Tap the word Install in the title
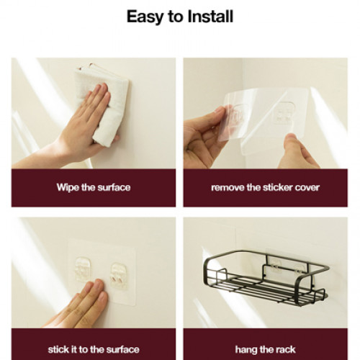(x=210, y=17)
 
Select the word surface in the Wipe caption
(x=114, y=187)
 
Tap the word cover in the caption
(x=307, y=188)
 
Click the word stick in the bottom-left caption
(x=58, y=349)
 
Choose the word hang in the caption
(x=245, y=350)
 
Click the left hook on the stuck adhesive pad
(x=83, y=269)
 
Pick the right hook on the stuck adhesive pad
(x=119, y=276)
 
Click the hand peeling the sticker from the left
(x=204, y=137)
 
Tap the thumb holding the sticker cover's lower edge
(x=292, y=142)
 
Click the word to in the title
(x=176, y=17)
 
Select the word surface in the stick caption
(x=123, y=349)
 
